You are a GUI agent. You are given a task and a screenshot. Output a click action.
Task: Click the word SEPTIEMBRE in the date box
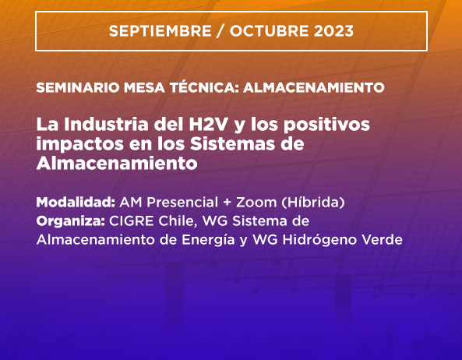pyautogui.click(x=160, y=31)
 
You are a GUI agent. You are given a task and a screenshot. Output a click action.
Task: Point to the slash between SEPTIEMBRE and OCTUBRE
pyautogui.click(x=220, y=31)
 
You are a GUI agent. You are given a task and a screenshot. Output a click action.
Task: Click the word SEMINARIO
pyautogui.click(x=78, y=87)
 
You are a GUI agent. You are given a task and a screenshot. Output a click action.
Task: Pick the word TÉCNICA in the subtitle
pyautogui.click(x=204, y=87)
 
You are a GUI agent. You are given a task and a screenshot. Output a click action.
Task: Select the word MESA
pyautogui.click(x=144, y=87)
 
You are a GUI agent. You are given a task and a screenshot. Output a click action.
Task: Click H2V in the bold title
pyautogui.click(x=208, y=125)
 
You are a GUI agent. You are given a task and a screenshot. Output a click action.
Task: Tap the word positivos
pyautogui.click(x=326, y=125)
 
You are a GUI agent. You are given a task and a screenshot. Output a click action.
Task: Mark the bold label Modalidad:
pyautogui.click(x=76, y=203)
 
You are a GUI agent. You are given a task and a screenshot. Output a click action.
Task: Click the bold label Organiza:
pyautogui.click(x=71, y=221)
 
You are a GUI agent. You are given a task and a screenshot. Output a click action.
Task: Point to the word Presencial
pyautogui.click(x=182, y=203)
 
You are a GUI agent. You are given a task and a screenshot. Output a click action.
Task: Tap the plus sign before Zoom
pyautogui.click(x=227, y=203)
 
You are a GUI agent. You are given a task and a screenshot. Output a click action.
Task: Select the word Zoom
pyautogui.click(x=256, y=203)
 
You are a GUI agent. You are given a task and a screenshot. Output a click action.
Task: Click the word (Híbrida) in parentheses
pyautogui.click(x=313, y=203)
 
